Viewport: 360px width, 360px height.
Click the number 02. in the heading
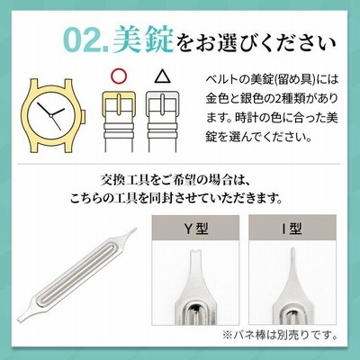pos(86,40)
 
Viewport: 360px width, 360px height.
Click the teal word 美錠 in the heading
pos(143,39)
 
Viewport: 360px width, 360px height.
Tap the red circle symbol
pos(119,76)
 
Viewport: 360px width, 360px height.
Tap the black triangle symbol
pos(162,76)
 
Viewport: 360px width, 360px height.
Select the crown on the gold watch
pos(84,116)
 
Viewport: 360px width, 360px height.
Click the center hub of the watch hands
pos(51,115)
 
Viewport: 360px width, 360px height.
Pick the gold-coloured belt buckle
pos(119,104)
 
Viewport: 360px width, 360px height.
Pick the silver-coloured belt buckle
pos(162,104)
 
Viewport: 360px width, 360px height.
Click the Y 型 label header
pos(195,229)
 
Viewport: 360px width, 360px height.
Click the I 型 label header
pos(292,229)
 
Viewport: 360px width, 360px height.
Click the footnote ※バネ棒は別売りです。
pos(280,335)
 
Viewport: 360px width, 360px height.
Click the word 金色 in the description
pos(217,98)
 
